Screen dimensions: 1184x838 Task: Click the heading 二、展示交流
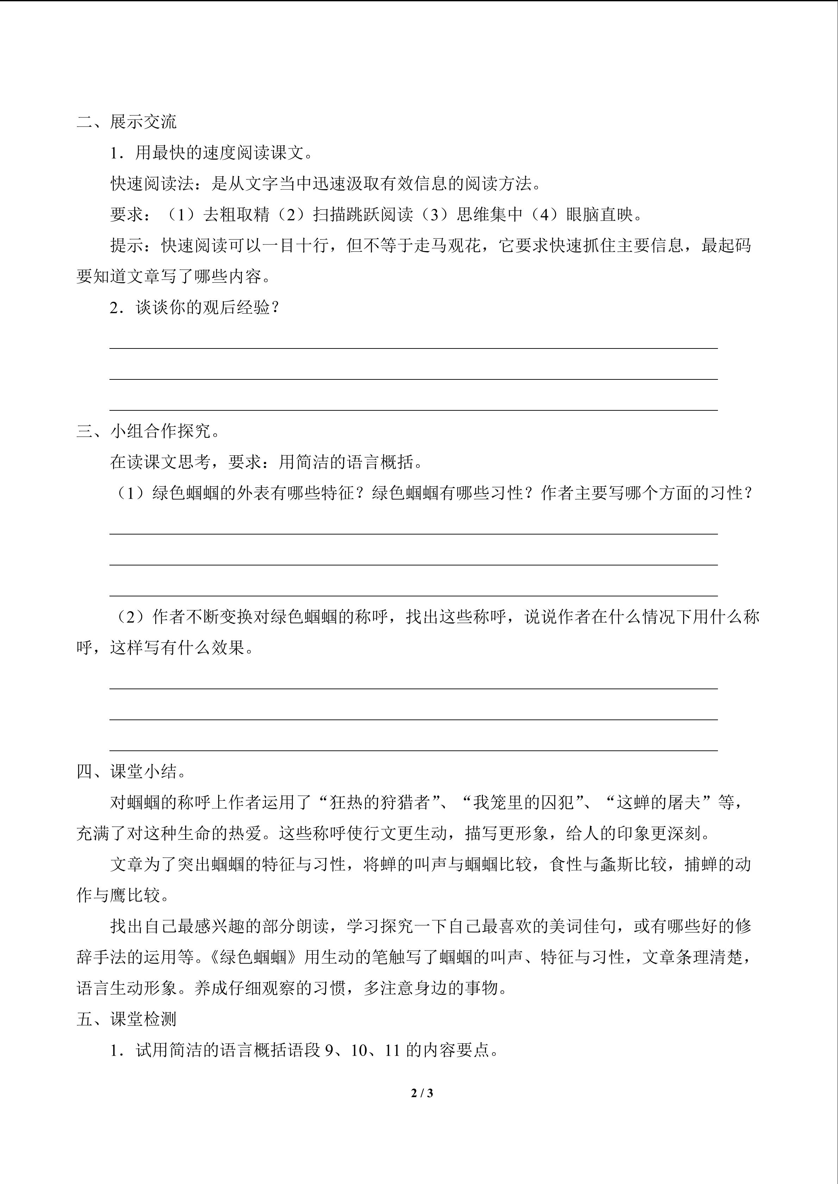click(x=126, y=122)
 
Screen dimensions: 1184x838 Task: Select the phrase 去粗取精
click(x=236, y=215)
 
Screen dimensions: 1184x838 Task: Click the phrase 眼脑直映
click(x=600, y=215)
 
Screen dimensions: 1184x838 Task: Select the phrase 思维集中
click(x=490, y=215)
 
